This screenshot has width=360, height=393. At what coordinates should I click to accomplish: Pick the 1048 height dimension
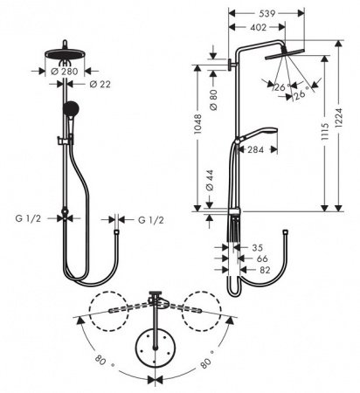(199, 131)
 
